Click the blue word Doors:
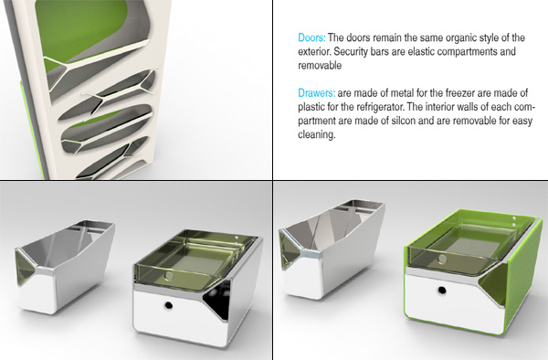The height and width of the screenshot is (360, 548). click(311, 37)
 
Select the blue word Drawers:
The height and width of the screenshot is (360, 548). click(317, 93)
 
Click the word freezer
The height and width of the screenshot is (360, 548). click(459, 93)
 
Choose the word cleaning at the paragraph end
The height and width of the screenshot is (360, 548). click(317, 135)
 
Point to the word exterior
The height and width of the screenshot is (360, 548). click(314, 51)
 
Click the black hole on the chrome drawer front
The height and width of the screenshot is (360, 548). click(168, 305)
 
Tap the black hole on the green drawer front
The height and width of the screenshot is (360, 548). click(442, 290)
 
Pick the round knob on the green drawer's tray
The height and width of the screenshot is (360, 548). click(442, 259)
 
